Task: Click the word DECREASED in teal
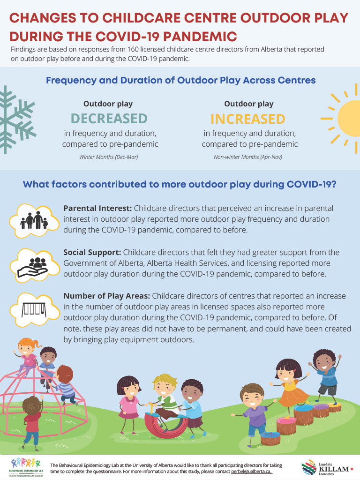[x=109, y=118]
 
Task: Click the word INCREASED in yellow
[x=248, y=118]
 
